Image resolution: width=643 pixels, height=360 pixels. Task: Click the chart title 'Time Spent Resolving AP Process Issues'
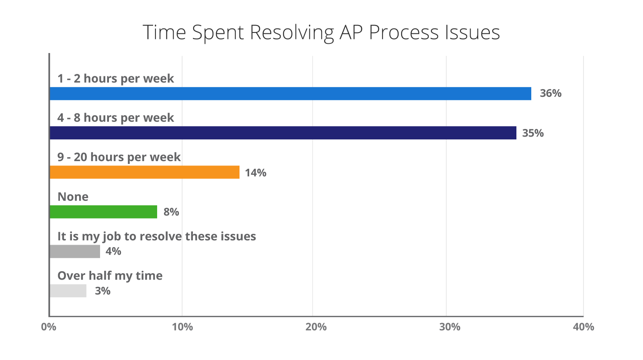321,33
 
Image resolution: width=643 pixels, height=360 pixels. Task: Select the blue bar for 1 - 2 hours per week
291,94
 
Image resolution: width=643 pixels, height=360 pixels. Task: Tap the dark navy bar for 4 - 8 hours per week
283,133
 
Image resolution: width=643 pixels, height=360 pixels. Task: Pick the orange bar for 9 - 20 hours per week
145,172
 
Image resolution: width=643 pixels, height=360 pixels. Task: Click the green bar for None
104,212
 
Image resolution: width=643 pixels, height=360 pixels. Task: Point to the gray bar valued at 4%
75,252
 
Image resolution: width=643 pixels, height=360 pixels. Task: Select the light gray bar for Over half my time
68,291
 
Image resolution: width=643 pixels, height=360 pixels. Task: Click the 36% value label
551,93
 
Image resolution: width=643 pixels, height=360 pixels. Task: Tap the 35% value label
533,133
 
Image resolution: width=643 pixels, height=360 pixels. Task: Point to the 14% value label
256,173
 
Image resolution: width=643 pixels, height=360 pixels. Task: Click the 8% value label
171,212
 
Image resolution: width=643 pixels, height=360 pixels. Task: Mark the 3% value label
102,291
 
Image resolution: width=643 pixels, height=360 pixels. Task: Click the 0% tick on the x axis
49,327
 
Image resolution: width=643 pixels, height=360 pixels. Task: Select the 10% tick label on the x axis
182,327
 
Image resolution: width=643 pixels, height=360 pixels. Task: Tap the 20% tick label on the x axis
316,327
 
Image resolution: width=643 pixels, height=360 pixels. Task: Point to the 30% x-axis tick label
450,327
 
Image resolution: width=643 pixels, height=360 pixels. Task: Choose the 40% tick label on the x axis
583,327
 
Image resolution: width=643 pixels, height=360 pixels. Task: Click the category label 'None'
73,197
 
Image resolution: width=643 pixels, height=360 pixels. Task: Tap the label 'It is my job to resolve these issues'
157,237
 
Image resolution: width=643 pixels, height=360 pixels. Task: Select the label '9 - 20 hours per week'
119,157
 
